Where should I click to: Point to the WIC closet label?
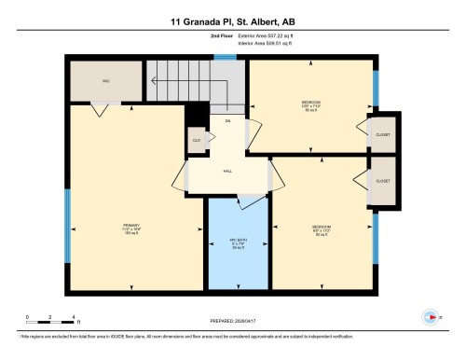[105, 81]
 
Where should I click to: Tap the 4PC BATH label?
[237, 244]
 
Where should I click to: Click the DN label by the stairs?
[226, 120]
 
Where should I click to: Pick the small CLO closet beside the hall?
[197, 141]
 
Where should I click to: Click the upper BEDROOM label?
[310, 103]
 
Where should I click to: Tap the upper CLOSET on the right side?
[383, 134]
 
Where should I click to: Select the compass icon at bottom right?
[430, 315]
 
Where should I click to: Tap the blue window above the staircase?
[223, 58]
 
